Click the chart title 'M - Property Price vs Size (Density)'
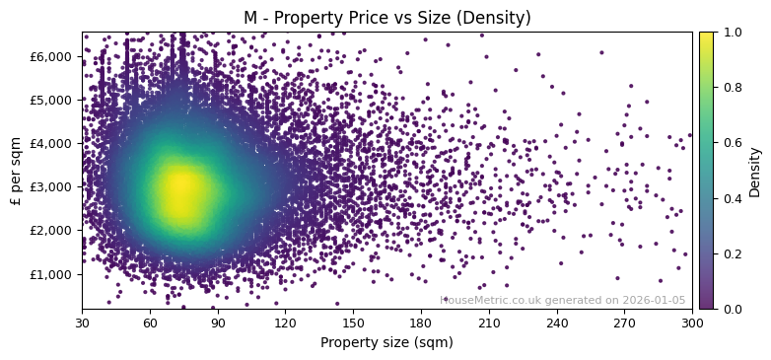click(x=386, y=18)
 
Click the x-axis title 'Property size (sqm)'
click(x=386, y=343)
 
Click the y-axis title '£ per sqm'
click(x=16, y=170)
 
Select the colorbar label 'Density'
click(x=755, y=170)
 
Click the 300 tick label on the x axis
click(x=692, y=323)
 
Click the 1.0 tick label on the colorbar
click(x=731, y=32)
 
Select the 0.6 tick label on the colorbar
click(x=731, y=142)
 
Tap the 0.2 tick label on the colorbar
click(x=731, y=253)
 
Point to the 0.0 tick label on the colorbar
click(x=731, y=309)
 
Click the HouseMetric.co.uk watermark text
click(x=562, y=300)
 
